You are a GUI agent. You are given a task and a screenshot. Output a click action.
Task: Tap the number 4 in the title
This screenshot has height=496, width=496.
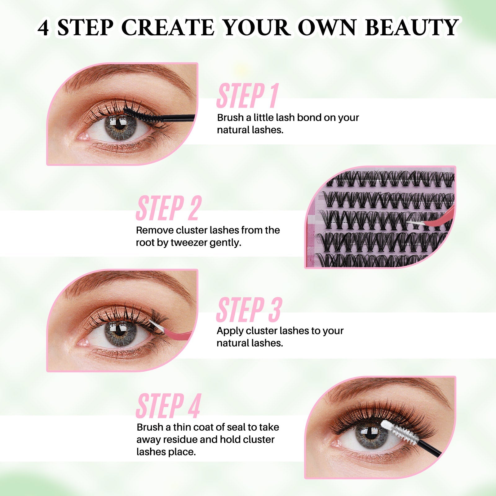click(43, 28)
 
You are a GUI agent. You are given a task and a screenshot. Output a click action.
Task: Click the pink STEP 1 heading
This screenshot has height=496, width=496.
click(247, 96)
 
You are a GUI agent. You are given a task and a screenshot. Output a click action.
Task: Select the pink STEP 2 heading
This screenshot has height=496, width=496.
click(169, 208)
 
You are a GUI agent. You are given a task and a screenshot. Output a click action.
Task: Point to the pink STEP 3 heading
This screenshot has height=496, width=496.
click(249, 310)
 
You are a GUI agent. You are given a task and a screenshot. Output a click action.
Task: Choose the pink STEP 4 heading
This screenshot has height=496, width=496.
click(169, 406)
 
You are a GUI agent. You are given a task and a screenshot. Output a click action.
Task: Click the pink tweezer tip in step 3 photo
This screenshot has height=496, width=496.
click(155, 324)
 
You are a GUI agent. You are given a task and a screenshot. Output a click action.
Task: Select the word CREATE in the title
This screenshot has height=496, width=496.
click(169, 28)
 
